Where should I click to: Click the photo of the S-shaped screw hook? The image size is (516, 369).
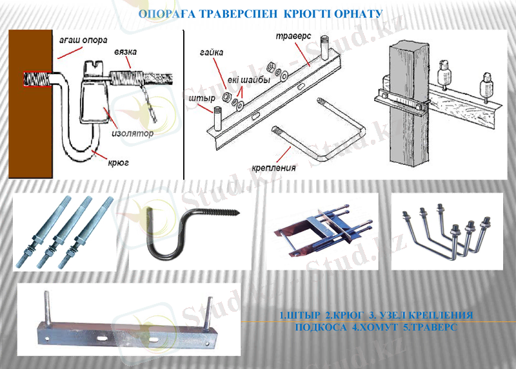click(x=187, y=232)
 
